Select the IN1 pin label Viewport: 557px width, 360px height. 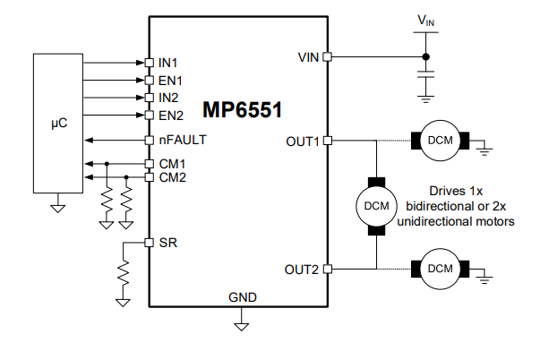(167, 63)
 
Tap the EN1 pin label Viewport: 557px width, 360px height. (170, 80)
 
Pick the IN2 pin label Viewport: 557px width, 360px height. (167, 97)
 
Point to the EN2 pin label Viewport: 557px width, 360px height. (170, 115)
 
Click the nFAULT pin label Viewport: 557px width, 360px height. (182, 141)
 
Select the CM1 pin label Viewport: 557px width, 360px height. (172, 165)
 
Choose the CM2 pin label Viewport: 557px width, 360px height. (172, 177)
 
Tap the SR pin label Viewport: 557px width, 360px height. (166, 243)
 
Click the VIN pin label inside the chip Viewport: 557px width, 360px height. (309, 57)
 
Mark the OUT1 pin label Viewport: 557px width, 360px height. (303, 141)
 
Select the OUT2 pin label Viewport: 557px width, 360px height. (303, 269)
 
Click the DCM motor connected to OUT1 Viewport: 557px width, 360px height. (440, 141)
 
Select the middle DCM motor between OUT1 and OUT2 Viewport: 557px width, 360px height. (375, 205)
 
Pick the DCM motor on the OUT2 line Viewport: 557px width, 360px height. (440, 269)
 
